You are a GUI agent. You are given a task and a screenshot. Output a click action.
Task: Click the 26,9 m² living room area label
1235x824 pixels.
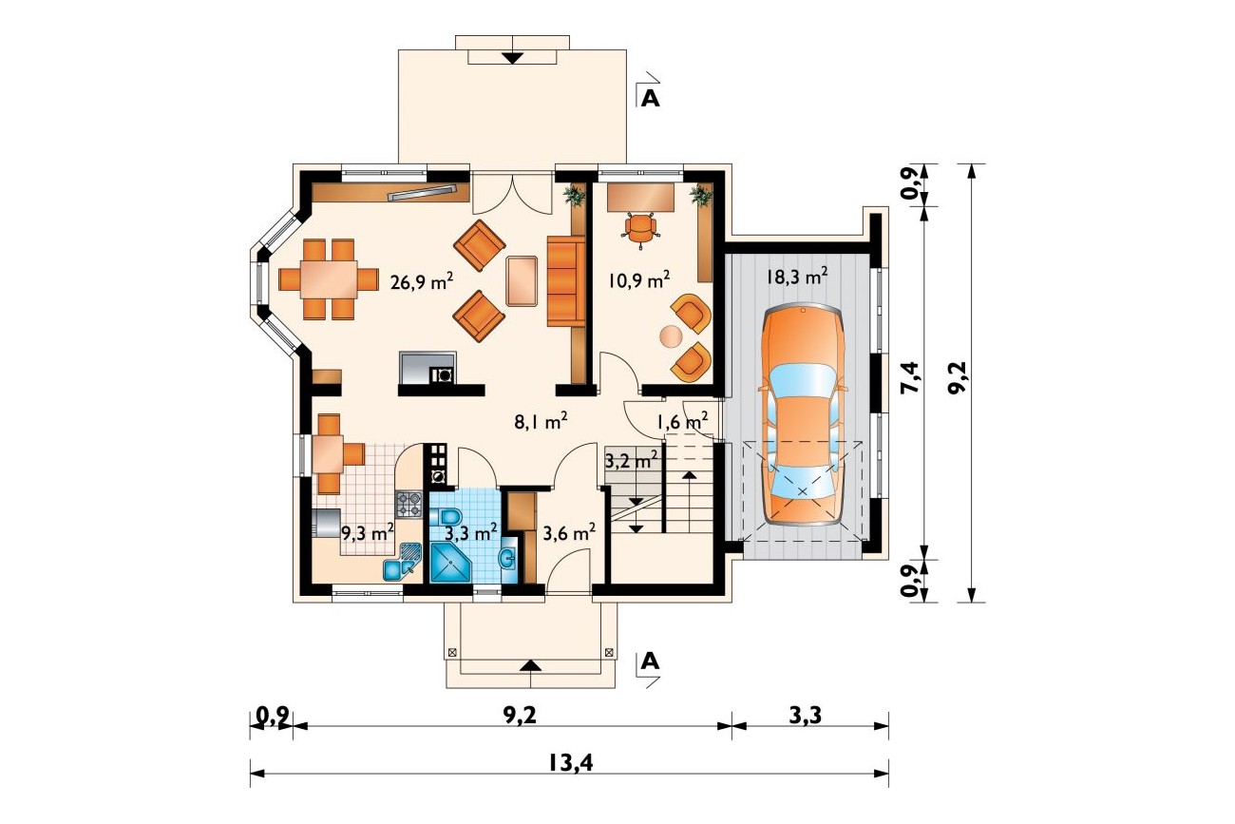tap(422, 282)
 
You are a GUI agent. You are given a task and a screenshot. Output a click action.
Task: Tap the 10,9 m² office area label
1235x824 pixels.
tap(639, 279)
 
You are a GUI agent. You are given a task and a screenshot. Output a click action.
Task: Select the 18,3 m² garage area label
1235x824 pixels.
tap(797, 276)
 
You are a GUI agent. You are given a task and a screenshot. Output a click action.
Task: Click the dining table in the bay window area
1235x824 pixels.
tap(328, 279)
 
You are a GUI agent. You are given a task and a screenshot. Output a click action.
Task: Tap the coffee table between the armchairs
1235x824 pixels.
tap(521, 280)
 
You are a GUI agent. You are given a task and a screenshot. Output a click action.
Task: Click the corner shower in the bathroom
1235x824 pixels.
tap(450, 562)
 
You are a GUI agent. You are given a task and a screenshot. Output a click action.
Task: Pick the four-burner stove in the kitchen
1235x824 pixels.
tap(408, 504)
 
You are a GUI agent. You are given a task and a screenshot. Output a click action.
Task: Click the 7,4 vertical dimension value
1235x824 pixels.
tap(909, 377)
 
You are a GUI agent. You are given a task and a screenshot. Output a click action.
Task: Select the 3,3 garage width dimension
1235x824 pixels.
tap(805, 716)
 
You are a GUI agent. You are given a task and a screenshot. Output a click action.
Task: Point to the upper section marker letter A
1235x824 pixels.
tap(651, 98)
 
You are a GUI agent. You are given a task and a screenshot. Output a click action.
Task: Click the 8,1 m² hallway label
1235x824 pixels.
tap(541, 422)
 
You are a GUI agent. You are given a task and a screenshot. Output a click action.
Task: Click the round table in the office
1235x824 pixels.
tap(672, 336)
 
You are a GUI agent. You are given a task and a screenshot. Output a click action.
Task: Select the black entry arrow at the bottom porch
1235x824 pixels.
tap(530, 665)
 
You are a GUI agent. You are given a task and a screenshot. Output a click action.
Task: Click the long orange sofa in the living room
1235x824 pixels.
tap(565, 281)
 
